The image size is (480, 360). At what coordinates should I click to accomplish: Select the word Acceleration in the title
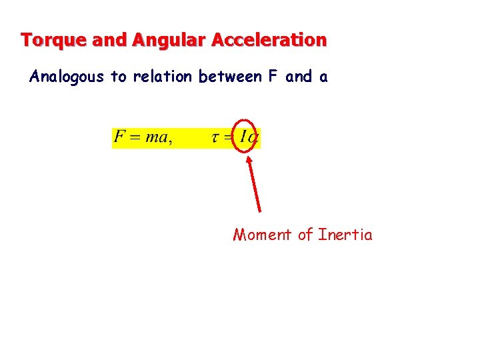tap(269, 40)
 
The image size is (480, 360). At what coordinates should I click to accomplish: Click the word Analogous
tap(67, 77)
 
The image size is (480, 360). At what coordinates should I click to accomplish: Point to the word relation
tap(163, 77)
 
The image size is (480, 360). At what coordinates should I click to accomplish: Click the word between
tap(230, 77)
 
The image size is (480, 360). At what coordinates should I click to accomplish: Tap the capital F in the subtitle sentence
tap(273, 77)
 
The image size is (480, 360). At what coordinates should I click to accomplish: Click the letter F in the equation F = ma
tap(120, 137)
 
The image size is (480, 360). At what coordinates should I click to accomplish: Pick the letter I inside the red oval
tap(244, 138)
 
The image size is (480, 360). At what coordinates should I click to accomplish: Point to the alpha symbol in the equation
tap(254, 139)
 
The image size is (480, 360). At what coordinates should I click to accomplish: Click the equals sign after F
tap(136, 138)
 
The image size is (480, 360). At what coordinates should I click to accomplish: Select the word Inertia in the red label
tap(345, 235)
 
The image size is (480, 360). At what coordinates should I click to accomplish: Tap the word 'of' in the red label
tap(305, 235)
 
